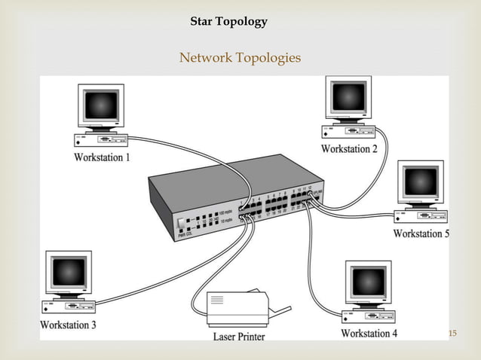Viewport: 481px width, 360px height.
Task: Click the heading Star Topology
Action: [228, 22]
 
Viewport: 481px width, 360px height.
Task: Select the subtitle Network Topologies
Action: [240, 58]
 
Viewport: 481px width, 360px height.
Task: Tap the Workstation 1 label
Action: [102, 157]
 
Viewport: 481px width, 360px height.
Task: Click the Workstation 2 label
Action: [349, 149]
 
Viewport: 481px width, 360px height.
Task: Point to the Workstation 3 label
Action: [68, 325]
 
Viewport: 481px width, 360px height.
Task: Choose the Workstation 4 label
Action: [369, 333]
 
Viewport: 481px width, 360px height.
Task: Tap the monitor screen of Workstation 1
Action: [100, 105]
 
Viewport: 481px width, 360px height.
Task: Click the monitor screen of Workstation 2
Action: [348, 97]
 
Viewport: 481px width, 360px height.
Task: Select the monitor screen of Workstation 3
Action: [68, 272]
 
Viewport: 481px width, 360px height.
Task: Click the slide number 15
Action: [452, 334]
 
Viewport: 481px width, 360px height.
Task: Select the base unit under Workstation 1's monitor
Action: [101, 139]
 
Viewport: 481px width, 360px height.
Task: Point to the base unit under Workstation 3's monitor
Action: [68, 307]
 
